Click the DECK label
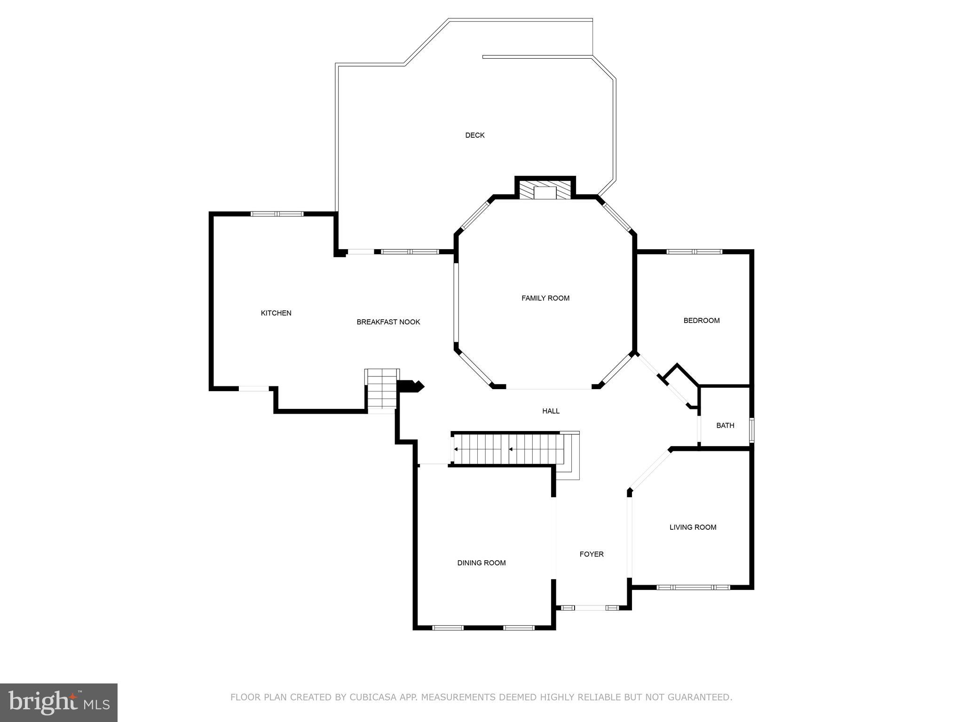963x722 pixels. (474, 135)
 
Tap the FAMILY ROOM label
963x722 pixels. (545, 298)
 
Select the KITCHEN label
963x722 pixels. (276, 313)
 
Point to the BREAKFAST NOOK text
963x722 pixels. (388, 322)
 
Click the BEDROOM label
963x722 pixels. (701, 321)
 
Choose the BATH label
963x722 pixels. (725, 425)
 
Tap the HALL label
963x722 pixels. (551, 411)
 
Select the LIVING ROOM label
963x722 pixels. (693, 527)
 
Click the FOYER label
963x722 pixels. (591, 554)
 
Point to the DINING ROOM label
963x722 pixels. (481, 563)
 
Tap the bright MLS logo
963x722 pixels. (59, 702)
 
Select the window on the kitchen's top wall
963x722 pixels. (277, 214)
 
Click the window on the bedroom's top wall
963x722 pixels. (694, 251)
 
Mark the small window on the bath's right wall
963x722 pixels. (751, 430)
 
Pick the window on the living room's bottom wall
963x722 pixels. (693, 587)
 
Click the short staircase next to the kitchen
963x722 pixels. (382, 390)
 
